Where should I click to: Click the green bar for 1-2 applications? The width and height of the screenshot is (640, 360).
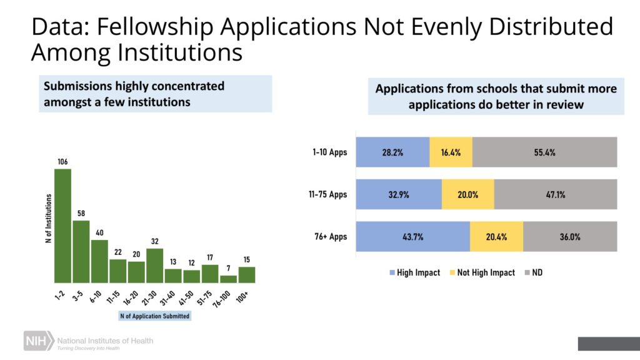62,226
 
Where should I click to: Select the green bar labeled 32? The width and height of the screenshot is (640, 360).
154,266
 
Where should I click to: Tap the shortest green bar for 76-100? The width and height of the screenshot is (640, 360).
228,279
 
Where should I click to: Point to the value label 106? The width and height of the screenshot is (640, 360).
62,162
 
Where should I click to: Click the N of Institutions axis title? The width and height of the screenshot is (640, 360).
48,218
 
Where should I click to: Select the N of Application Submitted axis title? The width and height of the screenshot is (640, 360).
154,316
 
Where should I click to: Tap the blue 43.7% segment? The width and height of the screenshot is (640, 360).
412,237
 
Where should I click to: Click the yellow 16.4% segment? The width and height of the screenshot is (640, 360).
451,152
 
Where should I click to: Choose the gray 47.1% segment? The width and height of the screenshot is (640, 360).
556,194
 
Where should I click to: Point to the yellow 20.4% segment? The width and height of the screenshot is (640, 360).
496,237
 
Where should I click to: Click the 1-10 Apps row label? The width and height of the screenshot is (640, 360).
330,152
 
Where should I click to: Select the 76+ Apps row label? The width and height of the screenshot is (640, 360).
330,237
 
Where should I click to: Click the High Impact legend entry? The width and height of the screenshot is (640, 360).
415,272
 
